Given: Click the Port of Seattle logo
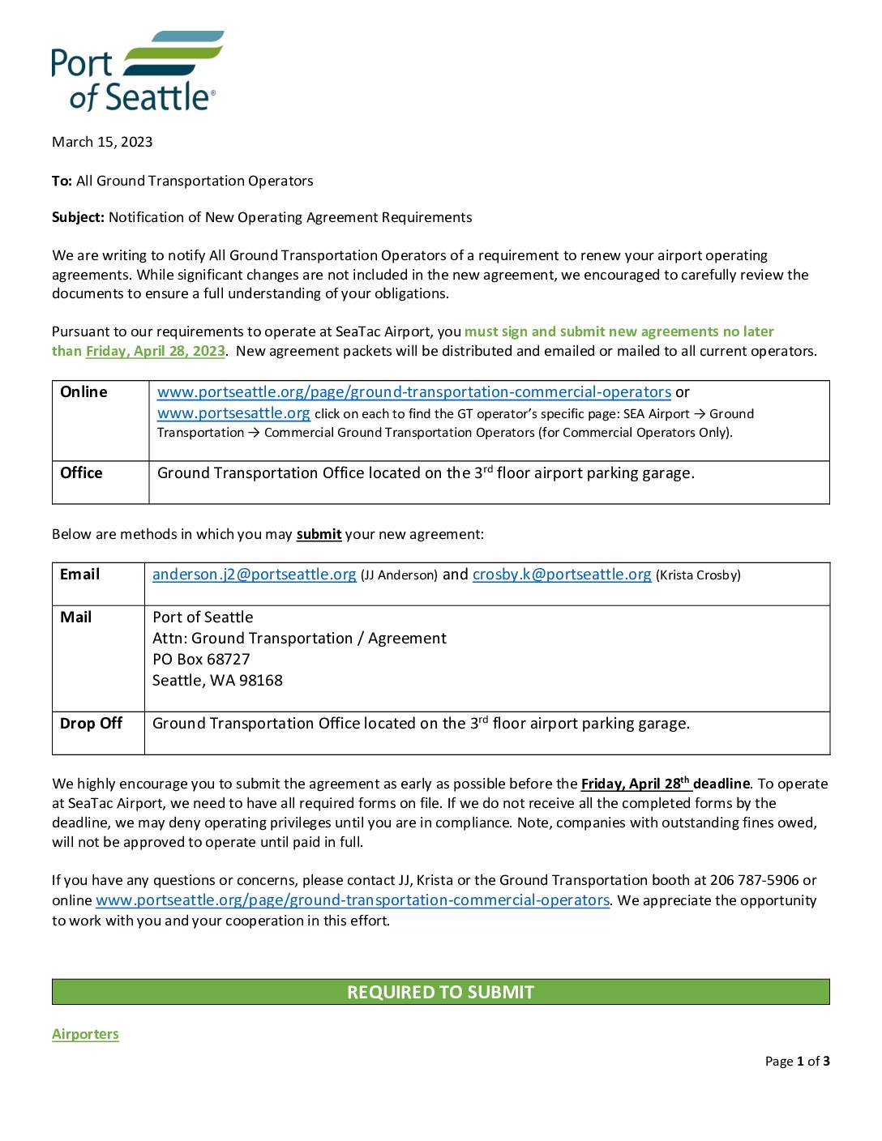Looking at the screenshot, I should point(136,71).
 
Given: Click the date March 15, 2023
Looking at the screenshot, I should point(102,142).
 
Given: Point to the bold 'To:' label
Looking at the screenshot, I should point(62,181).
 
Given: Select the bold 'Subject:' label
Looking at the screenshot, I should point(78,217).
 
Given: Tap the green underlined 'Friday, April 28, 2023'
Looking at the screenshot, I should point(155,351).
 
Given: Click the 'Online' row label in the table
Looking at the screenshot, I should point(83,392).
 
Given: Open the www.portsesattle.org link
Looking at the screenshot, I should point(233,413).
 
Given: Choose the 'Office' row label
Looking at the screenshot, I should point(81,473).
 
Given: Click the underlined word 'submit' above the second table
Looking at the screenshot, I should point(319,535).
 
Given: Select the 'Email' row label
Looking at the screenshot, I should point(79,575).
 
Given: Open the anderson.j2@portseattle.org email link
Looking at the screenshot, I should point(254,575).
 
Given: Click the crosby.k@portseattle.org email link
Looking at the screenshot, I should point(562,575).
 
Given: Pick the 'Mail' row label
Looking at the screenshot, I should point(75,618).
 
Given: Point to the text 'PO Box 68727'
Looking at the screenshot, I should point(201,660).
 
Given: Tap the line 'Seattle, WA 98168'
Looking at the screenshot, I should point(217,681).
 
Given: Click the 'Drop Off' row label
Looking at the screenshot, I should point(91,724).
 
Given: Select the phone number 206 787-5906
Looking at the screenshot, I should point(754,880).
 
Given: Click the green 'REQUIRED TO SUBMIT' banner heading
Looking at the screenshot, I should point(440,992).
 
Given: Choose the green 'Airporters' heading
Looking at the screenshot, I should point(85,1034).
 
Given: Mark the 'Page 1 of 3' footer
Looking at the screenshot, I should point(797,1062).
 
